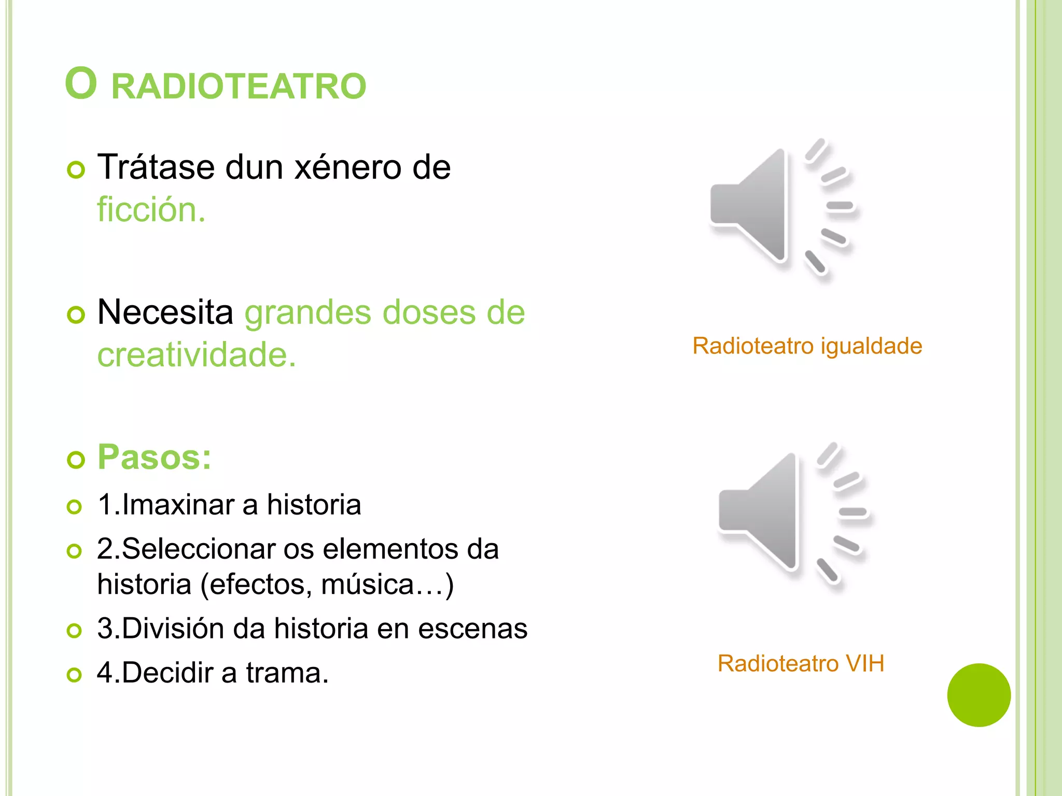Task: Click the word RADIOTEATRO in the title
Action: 239,86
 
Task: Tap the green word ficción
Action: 151,210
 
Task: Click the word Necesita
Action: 165,312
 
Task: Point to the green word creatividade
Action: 197,355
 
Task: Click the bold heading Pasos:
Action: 155,457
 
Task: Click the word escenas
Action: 472,629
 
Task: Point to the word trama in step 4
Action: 287,673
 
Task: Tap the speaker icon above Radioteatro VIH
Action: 793,513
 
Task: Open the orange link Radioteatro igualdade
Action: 807,346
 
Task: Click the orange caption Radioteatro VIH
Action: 801,663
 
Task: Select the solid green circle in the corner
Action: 979,695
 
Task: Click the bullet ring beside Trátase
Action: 76,170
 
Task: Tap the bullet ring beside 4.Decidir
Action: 75,675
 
